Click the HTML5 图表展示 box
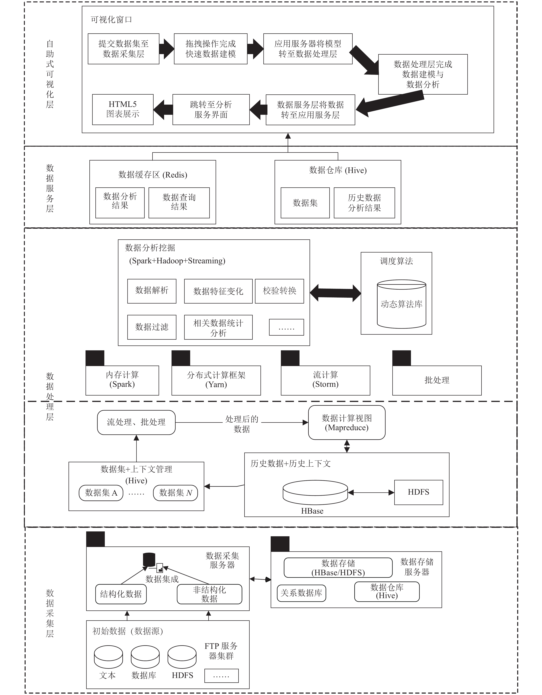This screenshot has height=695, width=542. [123, 109]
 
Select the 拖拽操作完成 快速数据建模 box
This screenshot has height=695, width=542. [211, 49]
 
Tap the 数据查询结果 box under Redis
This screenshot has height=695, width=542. [179, 203]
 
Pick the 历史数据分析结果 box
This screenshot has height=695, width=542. [364, 203]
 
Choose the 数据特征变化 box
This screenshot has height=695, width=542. [218, 291]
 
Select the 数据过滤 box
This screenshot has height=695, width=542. [152, 327]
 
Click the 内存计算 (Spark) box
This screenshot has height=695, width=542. [122, 380]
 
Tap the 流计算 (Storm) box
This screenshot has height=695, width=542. [326, 380]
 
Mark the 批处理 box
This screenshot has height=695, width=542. [437, 380]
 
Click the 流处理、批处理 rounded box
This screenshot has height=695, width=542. [136, 422]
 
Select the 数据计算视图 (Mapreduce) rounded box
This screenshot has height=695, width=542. [347, 423]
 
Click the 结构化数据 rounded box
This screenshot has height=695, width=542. [121, 594]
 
